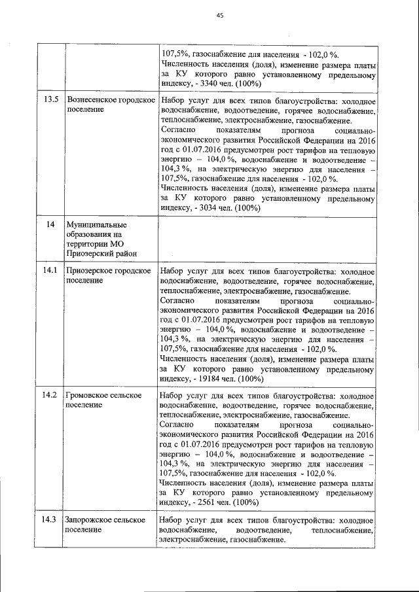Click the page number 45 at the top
[219, 16]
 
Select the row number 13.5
[50, 100]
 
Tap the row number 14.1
[50, 270]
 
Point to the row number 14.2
[50, 395]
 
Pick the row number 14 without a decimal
[50, 225]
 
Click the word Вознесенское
[92, 100]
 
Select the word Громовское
[87, 395]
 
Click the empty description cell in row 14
[266, 239]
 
